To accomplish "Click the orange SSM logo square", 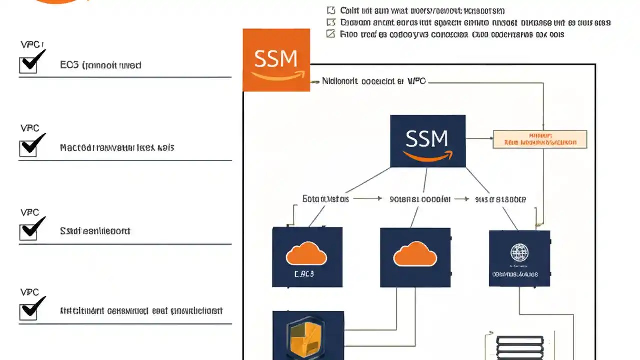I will [x=276, y=60].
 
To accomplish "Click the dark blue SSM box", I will [x=427, y=141].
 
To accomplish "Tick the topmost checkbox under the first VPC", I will [x=28, y=65].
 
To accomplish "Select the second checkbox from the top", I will [x=28, y=148].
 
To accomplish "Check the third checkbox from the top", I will [x=28, y=231].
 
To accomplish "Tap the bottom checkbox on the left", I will [x=28, y=311].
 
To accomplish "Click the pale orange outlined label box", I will [x=540, y=139].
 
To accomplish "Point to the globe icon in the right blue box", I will [x=519, y=253].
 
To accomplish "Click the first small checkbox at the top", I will [x=330, y=10].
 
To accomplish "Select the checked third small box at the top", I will [x=330, y=34].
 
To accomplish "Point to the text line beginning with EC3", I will [x=100, y=65].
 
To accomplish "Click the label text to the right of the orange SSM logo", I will [x=373, y=80].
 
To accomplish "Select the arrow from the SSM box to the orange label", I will [x=479, y=138].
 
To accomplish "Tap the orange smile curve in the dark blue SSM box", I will [x=427, y=157].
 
